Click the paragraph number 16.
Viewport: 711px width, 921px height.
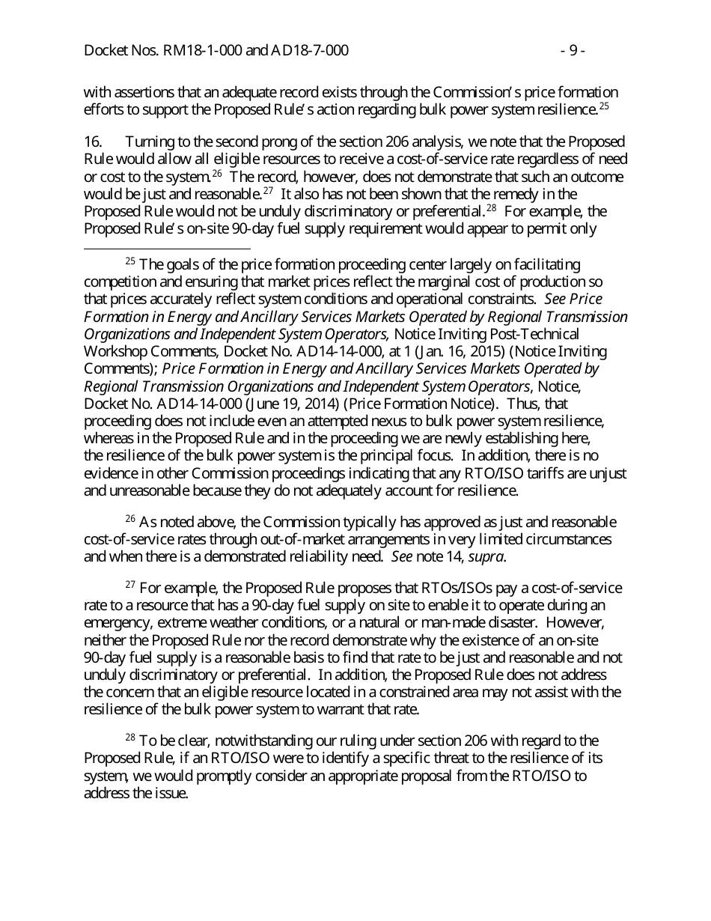[93, 142]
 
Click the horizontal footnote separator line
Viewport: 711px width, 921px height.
[167, 248]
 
